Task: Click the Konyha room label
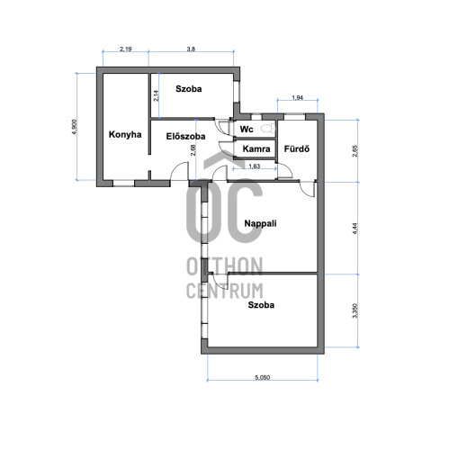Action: coord(125,134)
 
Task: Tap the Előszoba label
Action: coord(185,137)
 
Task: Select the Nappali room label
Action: coord(260,223)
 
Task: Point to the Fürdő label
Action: coord(297,148)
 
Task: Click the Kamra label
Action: coord(256,148)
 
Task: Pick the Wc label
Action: coord(247,130)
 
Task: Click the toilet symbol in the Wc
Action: coord(268,129)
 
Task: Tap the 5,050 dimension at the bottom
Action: coord(263,377)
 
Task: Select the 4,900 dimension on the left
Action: coord(75,127)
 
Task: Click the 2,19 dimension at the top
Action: coord(126,49)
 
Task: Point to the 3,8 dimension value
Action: coord(191,49)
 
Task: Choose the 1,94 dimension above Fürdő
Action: coord(297,97)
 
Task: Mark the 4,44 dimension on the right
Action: coord(355,228)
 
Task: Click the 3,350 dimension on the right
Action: coord(355,310)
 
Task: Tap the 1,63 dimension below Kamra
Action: coord(255,166)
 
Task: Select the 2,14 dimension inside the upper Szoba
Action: coord(156,96)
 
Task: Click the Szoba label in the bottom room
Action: coord(261,305)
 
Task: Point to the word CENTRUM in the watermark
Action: coord(225,291)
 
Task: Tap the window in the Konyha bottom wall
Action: coord(123,183)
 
